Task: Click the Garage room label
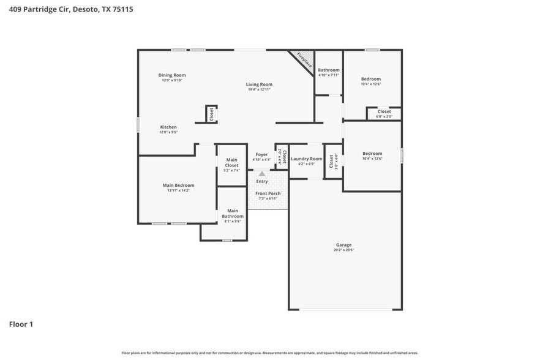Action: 343,245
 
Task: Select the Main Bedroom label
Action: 178,186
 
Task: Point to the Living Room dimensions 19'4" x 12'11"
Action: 259,89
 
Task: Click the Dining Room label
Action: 172,75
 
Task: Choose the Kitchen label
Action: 168,127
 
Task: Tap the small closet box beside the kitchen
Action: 211,114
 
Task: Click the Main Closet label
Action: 232,163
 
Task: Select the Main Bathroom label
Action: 233,213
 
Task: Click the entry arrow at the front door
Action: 262,174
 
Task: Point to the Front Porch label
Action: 268,193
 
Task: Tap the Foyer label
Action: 261,154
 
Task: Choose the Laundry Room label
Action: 306,159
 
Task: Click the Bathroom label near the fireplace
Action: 328,70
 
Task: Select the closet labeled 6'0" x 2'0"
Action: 384,113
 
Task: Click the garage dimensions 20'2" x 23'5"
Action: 343,250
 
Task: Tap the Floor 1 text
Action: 21,324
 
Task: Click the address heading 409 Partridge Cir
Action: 71,9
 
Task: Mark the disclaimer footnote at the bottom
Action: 269,353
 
